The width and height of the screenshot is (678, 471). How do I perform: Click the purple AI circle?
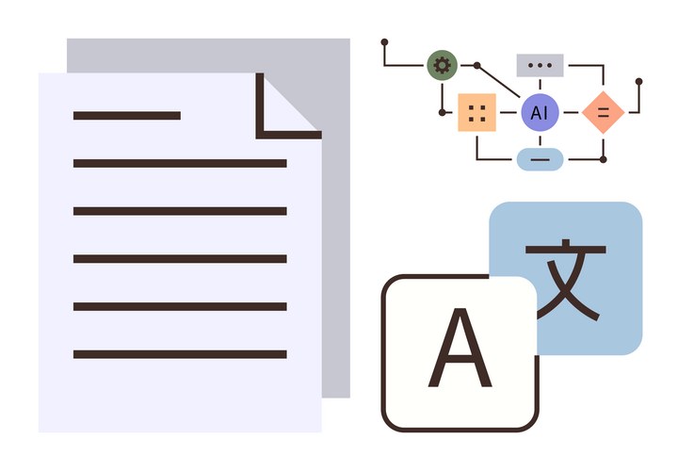tap(539, 113)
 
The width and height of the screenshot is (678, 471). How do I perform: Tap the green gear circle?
tap(441, 65)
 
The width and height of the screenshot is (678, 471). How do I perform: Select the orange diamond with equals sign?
tap(603, 113)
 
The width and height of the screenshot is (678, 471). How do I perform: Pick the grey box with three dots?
tap(540, 65)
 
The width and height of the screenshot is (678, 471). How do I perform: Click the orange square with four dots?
tap(477, 113)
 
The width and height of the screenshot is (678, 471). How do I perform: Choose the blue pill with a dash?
tap(540, 159)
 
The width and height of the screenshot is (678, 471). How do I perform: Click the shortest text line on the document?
tap(127, 116)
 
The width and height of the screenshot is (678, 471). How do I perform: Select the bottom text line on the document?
tap(180, 354)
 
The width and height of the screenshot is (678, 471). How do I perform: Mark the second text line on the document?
tap(180, 163)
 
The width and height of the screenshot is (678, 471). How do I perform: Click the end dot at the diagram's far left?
tap(384, 42)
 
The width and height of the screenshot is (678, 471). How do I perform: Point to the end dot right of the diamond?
tap(639, 82)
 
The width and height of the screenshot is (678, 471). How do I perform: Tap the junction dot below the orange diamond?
tap(603, 159)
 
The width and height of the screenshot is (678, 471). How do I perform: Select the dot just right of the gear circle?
tap(476, 66)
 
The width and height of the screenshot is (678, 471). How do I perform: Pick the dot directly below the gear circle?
tap(442, 112)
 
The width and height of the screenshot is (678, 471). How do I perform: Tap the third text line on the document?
tap(180, 211)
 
